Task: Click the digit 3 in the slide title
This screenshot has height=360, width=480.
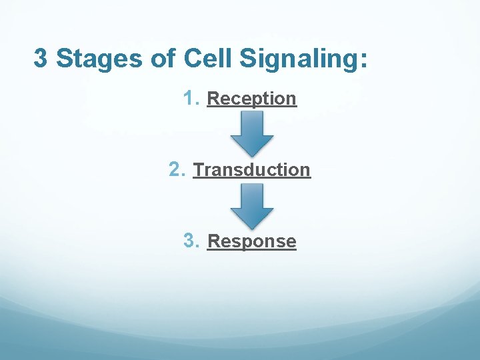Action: click(x=41, y=59)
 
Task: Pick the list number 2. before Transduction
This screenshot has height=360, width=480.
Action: click(x=177, y=169)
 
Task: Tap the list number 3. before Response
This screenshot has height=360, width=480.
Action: click(x=191, y=241)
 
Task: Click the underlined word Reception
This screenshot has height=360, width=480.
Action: click(x=251, y=99)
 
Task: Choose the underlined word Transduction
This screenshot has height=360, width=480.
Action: click(x=251, y=170)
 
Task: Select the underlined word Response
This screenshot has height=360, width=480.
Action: click(x=251, y=241)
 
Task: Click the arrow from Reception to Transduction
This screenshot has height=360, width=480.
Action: click(x=252, y=132)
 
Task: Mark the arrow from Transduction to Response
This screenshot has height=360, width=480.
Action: click(x=252, y=205)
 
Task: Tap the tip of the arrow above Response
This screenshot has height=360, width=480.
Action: click(x=252, y=227)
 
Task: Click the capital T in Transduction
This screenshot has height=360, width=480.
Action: click(x=198, y=170)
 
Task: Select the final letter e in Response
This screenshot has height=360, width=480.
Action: click(x=291, y=242)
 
